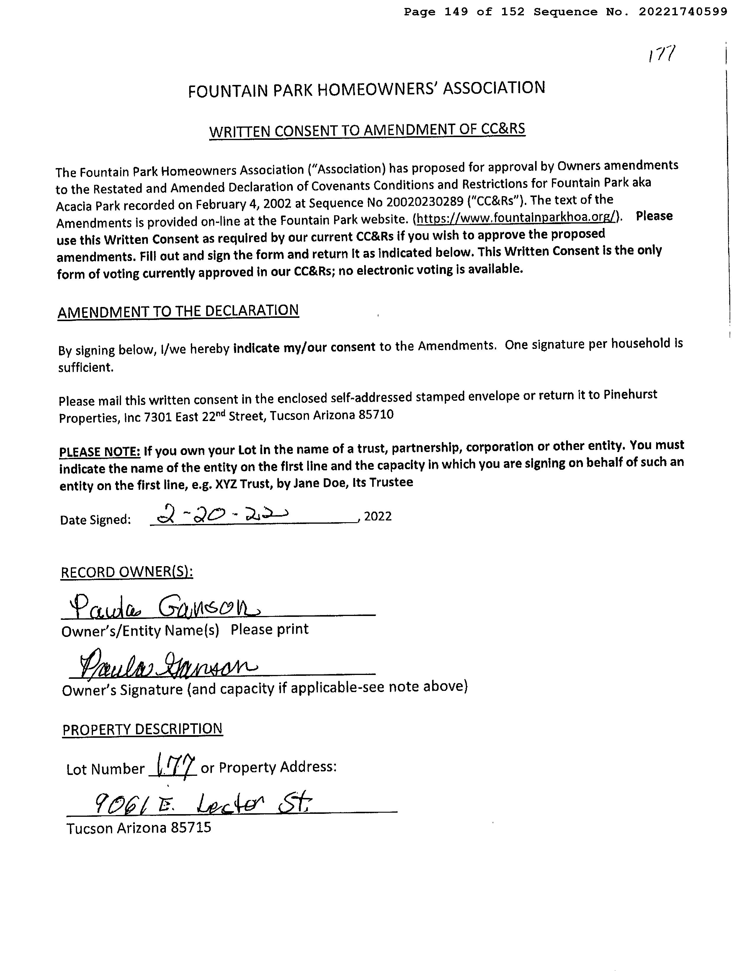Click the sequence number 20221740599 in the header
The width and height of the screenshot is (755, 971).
click(683, 12)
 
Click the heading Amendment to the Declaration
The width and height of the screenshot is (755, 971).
click(178, 311)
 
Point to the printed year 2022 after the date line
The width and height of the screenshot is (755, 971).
click(378, 516)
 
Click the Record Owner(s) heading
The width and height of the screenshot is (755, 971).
click(127, 572)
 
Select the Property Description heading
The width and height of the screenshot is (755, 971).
click(142, 730)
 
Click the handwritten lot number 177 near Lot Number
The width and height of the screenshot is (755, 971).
click(173, 765)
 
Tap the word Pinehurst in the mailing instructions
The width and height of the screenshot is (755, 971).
click(630, 395)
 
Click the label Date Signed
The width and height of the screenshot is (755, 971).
click(96, 520)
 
